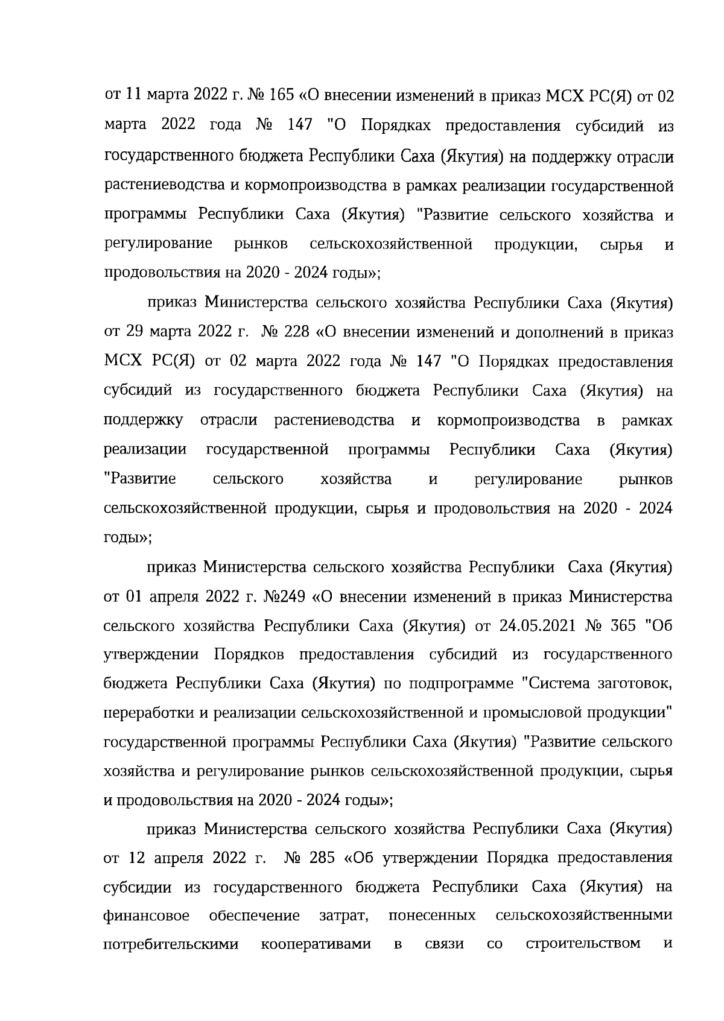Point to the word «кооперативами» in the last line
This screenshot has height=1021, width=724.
[x=316, y=944]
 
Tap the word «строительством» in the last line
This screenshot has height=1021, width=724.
[x=583, y=943]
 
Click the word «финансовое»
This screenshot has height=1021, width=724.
[x=147, y=915]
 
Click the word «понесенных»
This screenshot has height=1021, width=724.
[x=432, y=915]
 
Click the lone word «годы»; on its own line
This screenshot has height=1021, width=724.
[x=127, y=538]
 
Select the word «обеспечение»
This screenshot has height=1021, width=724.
[x=254, y=915]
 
